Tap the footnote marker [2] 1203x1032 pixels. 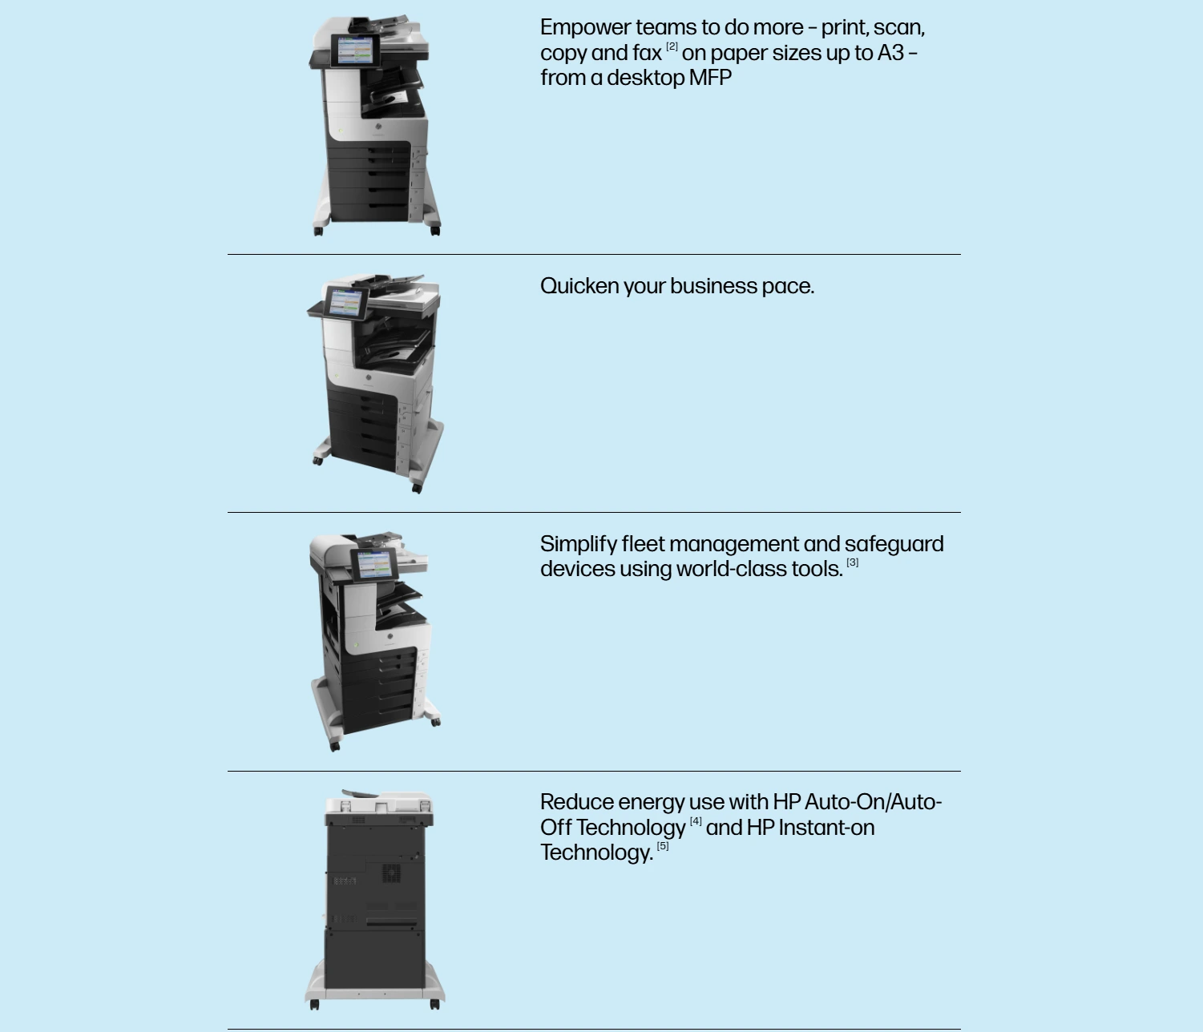point(672,46)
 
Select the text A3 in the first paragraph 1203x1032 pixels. point(890,53)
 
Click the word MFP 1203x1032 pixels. point(710,78)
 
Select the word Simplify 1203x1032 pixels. point(579,545)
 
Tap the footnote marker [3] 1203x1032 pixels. point(852,562)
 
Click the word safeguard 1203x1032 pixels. point(894,545)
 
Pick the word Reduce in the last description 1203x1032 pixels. point(577,802)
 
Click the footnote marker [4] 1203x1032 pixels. point(696,820)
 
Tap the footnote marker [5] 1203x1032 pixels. point(662,846)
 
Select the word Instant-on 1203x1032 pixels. point(826,828)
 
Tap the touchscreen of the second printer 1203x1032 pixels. point(345,303)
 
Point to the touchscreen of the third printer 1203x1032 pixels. point(374,564)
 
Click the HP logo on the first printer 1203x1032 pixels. point(377,127)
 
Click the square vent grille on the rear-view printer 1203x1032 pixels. point(391,873)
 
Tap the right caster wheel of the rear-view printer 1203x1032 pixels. point(434,1004)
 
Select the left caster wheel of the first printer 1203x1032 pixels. point(318,231)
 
